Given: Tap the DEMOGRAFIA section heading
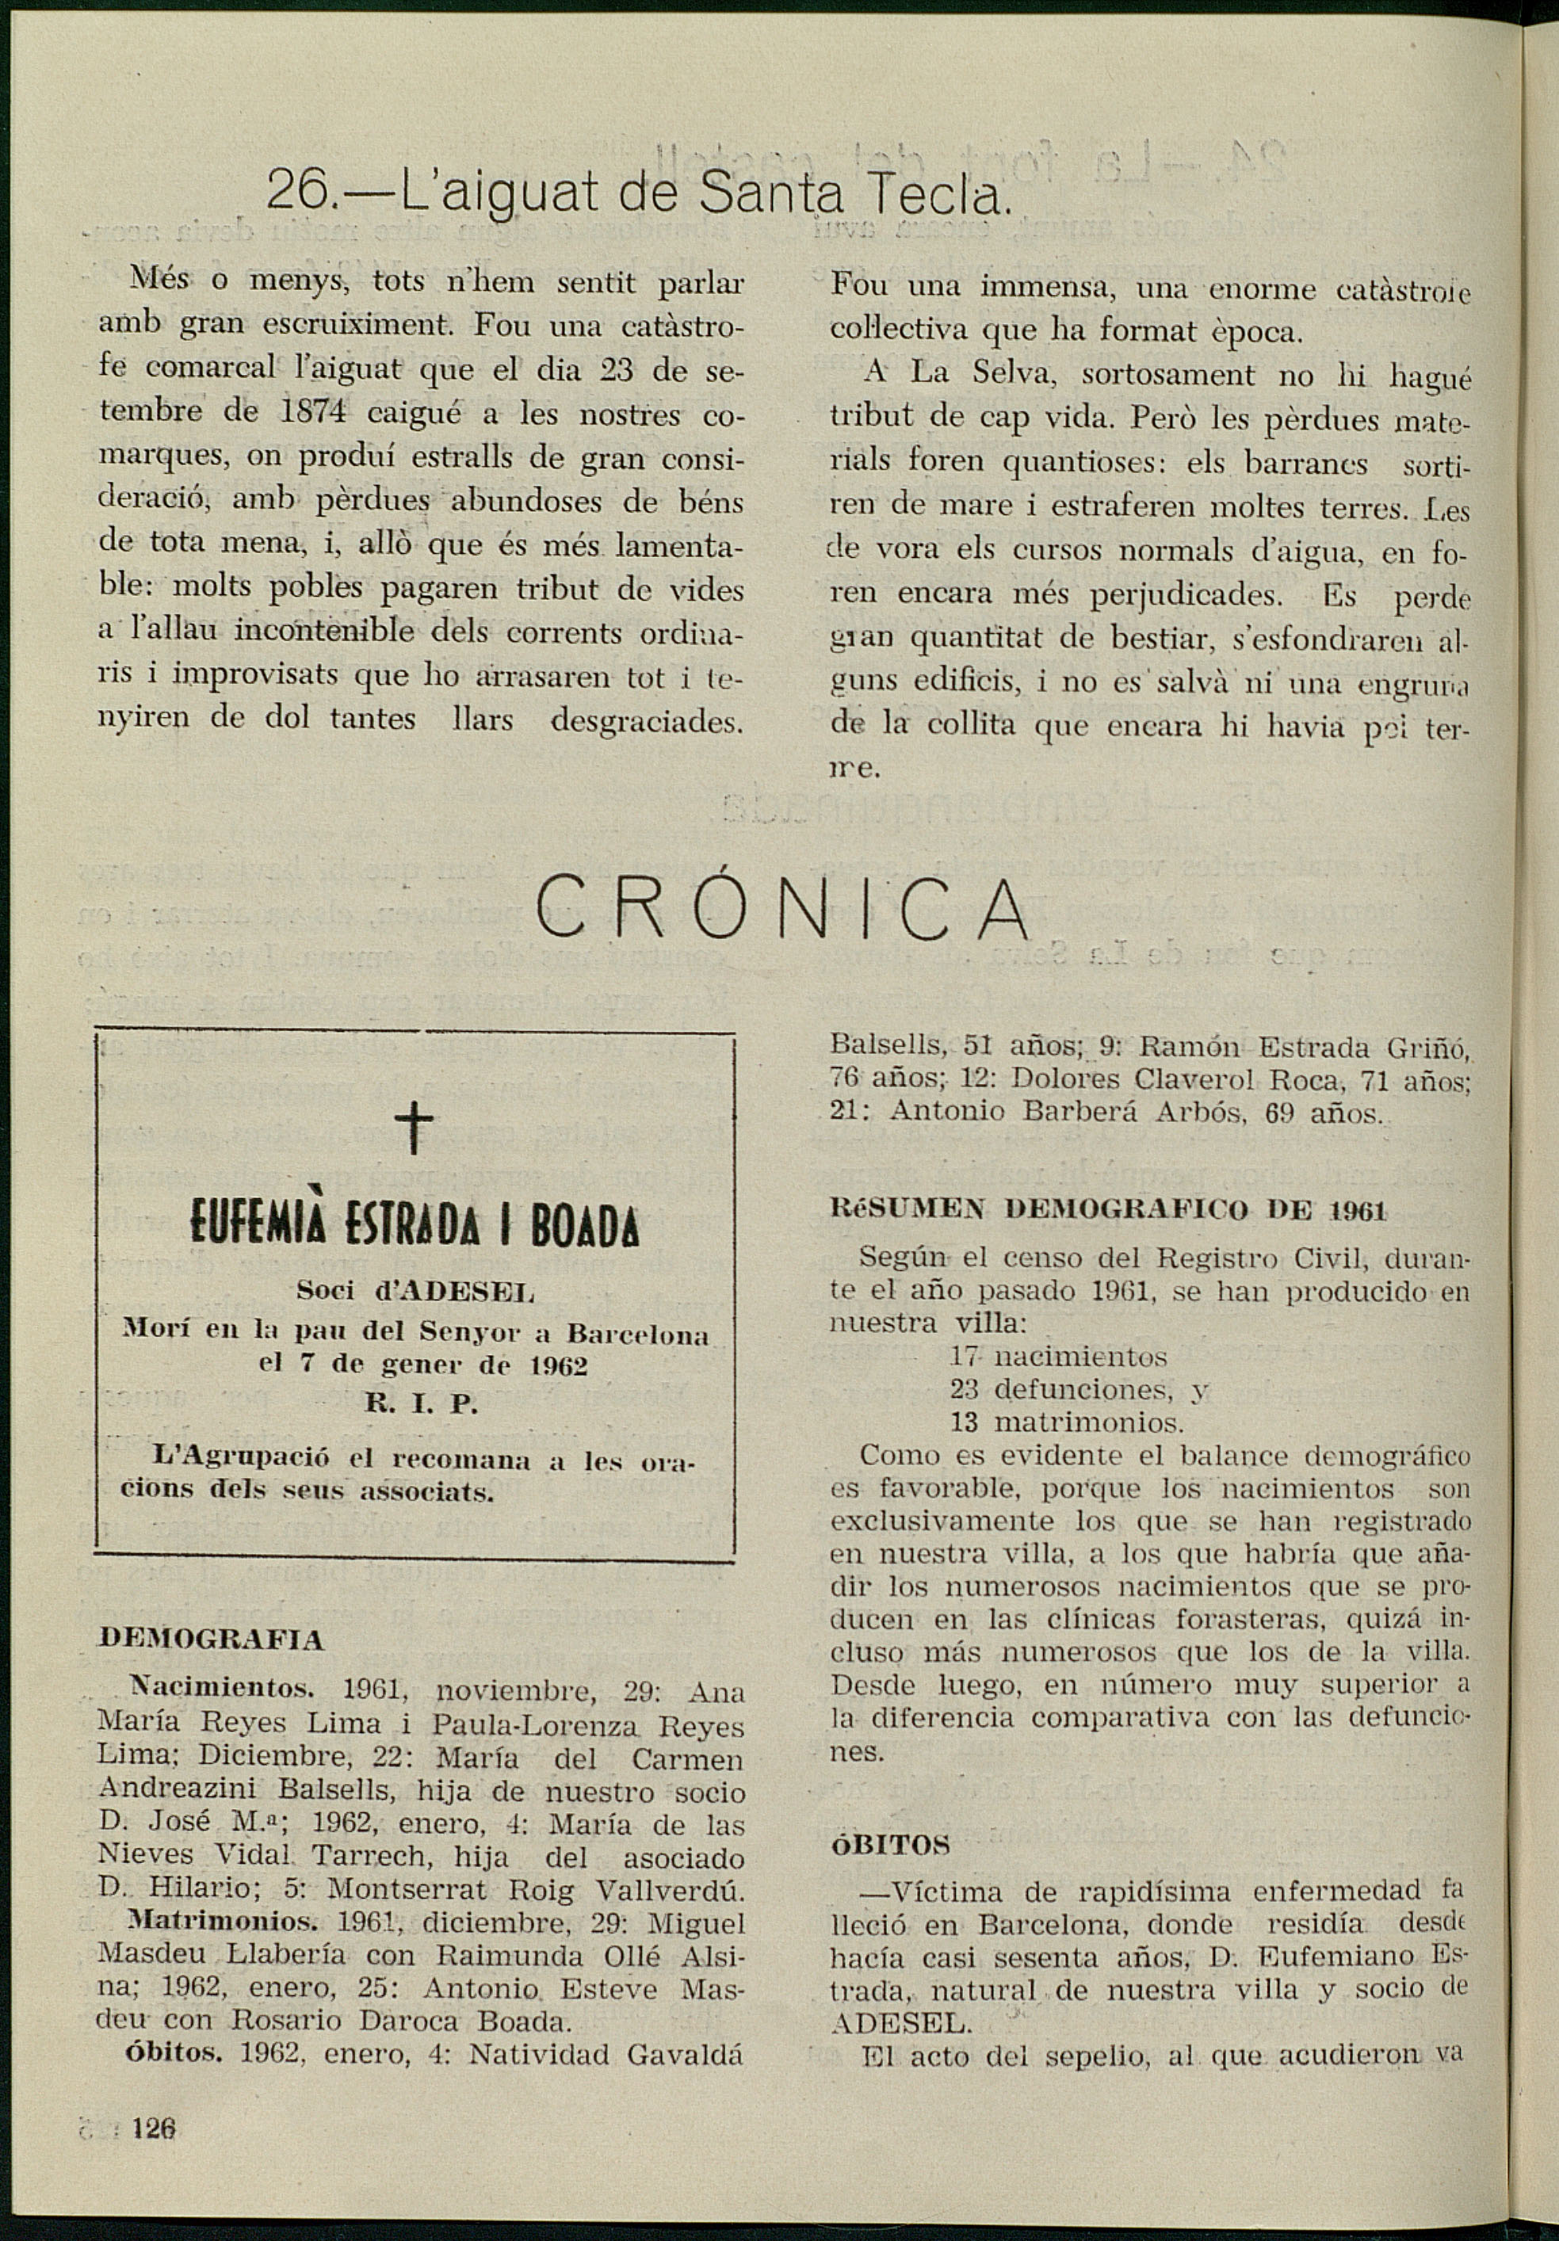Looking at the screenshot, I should tap(211, 1640).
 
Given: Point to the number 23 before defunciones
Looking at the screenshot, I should tap(965, 1389).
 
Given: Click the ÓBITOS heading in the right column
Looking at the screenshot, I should tap(889, 1844).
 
